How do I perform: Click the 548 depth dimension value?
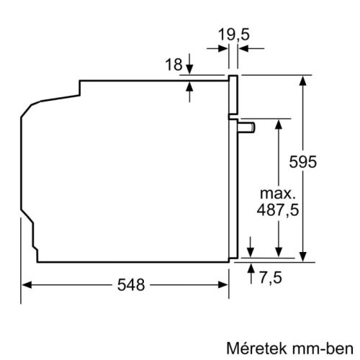pyautogui.click(x=128, y=284)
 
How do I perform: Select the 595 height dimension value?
pyautogui.click(x=321, y=163)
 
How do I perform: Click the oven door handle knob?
pyautogui.click(x=249, y=127)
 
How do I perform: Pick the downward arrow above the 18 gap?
pyautogui.click(x=189, y=68)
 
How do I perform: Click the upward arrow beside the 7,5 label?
pyautogui.click(x=251, y=269)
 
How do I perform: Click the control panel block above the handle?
pyautogui.click(x=233, y=94)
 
